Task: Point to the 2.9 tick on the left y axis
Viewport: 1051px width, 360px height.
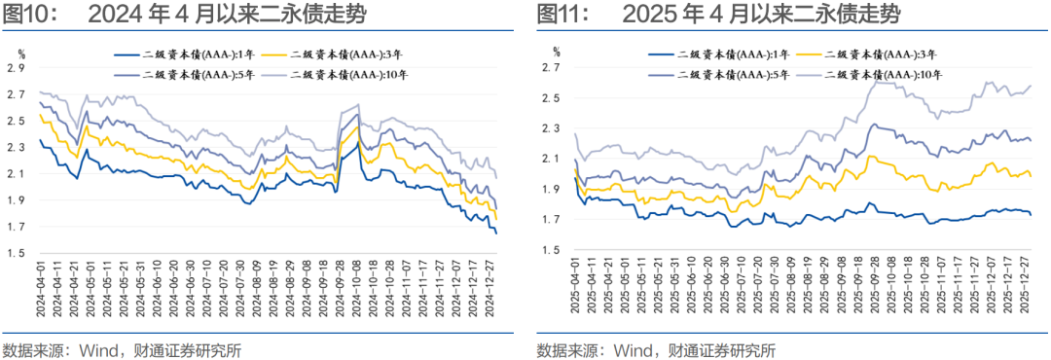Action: [15, 68]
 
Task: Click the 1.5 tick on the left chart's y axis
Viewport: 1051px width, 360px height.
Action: [15, 254]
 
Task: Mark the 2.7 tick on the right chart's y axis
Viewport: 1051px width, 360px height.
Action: [550, 68]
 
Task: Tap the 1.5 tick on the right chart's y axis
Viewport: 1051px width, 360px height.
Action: [550, 251]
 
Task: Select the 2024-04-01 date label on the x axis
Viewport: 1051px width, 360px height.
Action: [41, 288]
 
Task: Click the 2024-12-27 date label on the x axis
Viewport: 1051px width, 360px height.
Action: [492, 288]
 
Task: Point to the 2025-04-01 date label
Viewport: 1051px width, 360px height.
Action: [576, 288]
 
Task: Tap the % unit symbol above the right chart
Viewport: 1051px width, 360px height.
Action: [556, 49]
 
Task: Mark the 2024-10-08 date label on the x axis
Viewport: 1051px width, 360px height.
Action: [357, 288]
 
